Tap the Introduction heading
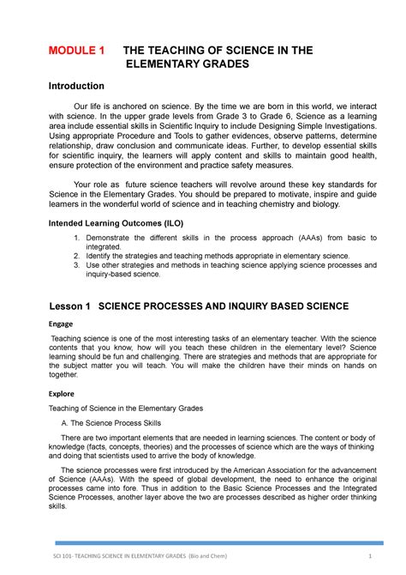75,87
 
